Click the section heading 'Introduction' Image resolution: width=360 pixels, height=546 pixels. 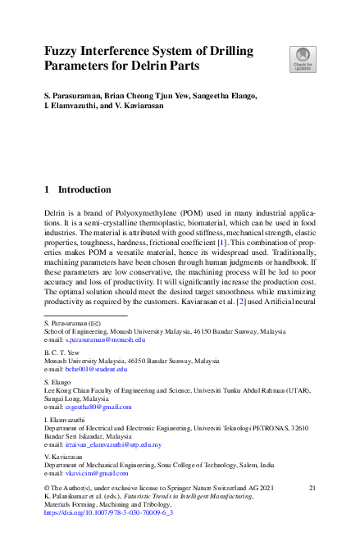(x=84, y=189)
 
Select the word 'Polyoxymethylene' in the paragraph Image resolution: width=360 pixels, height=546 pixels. (x=136, y=212)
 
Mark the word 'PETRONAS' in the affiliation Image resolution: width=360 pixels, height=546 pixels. (x=276, y=428)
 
